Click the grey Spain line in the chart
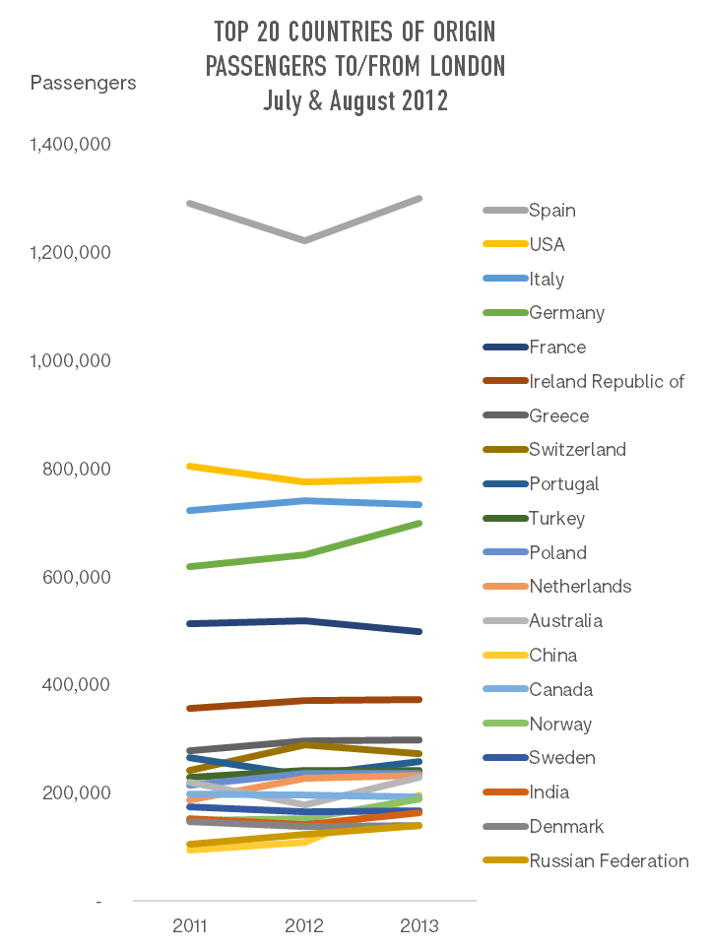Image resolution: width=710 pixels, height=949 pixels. (246, 221)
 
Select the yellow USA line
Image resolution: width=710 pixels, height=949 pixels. (246, 474)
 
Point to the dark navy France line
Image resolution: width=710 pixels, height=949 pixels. (246, 622)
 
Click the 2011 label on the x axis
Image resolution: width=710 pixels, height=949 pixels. (190, 926)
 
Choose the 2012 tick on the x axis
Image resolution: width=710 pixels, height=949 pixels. (304, 926)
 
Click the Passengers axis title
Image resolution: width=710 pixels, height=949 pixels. (84, 83)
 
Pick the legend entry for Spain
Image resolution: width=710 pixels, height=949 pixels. (551, 210)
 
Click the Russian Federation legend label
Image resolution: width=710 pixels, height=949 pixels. (609, 861)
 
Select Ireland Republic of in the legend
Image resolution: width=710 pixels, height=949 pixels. (606, 381)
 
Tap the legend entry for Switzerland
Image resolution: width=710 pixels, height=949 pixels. (577, 450)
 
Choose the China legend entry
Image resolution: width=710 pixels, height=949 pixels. (552, 656)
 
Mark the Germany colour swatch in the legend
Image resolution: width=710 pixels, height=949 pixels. (504, 313)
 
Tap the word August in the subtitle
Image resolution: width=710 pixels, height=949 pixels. (373, 100)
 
